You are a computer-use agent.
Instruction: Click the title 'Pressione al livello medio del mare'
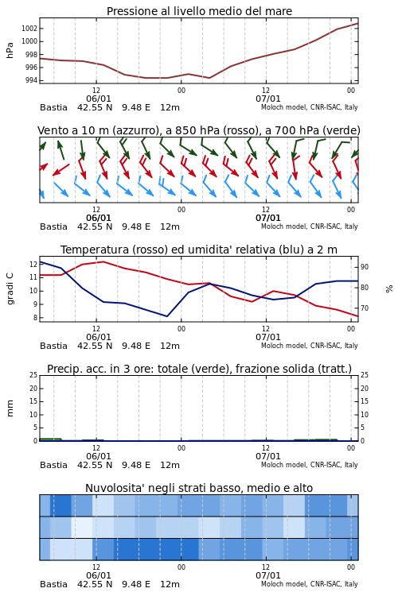pos(199,11)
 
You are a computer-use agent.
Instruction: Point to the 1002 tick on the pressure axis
pos(29,29)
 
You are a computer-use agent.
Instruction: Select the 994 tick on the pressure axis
pos(30,80)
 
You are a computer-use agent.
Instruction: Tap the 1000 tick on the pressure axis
pos(29,41)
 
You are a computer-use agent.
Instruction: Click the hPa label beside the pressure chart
pos(10,50)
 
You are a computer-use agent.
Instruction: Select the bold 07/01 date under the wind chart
pos(267,218)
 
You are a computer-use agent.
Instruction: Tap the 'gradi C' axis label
pos(10,288)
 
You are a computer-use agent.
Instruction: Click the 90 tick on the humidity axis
pos(365,267)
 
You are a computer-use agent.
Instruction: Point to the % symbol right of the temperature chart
pos(389,289)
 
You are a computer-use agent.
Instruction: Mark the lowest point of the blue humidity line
pos(167,316)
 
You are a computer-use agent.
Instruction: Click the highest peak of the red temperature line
pos(103,261)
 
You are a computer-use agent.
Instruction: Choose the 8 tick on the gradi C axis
pos(35,318)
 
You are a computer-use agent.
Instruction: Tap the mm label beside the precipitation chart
pos(10,408)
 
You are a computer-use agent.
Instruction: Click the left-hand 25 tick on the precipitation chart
pos(33,375)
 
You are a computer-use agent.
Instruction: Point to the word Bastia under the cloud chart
pos(53,584)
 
